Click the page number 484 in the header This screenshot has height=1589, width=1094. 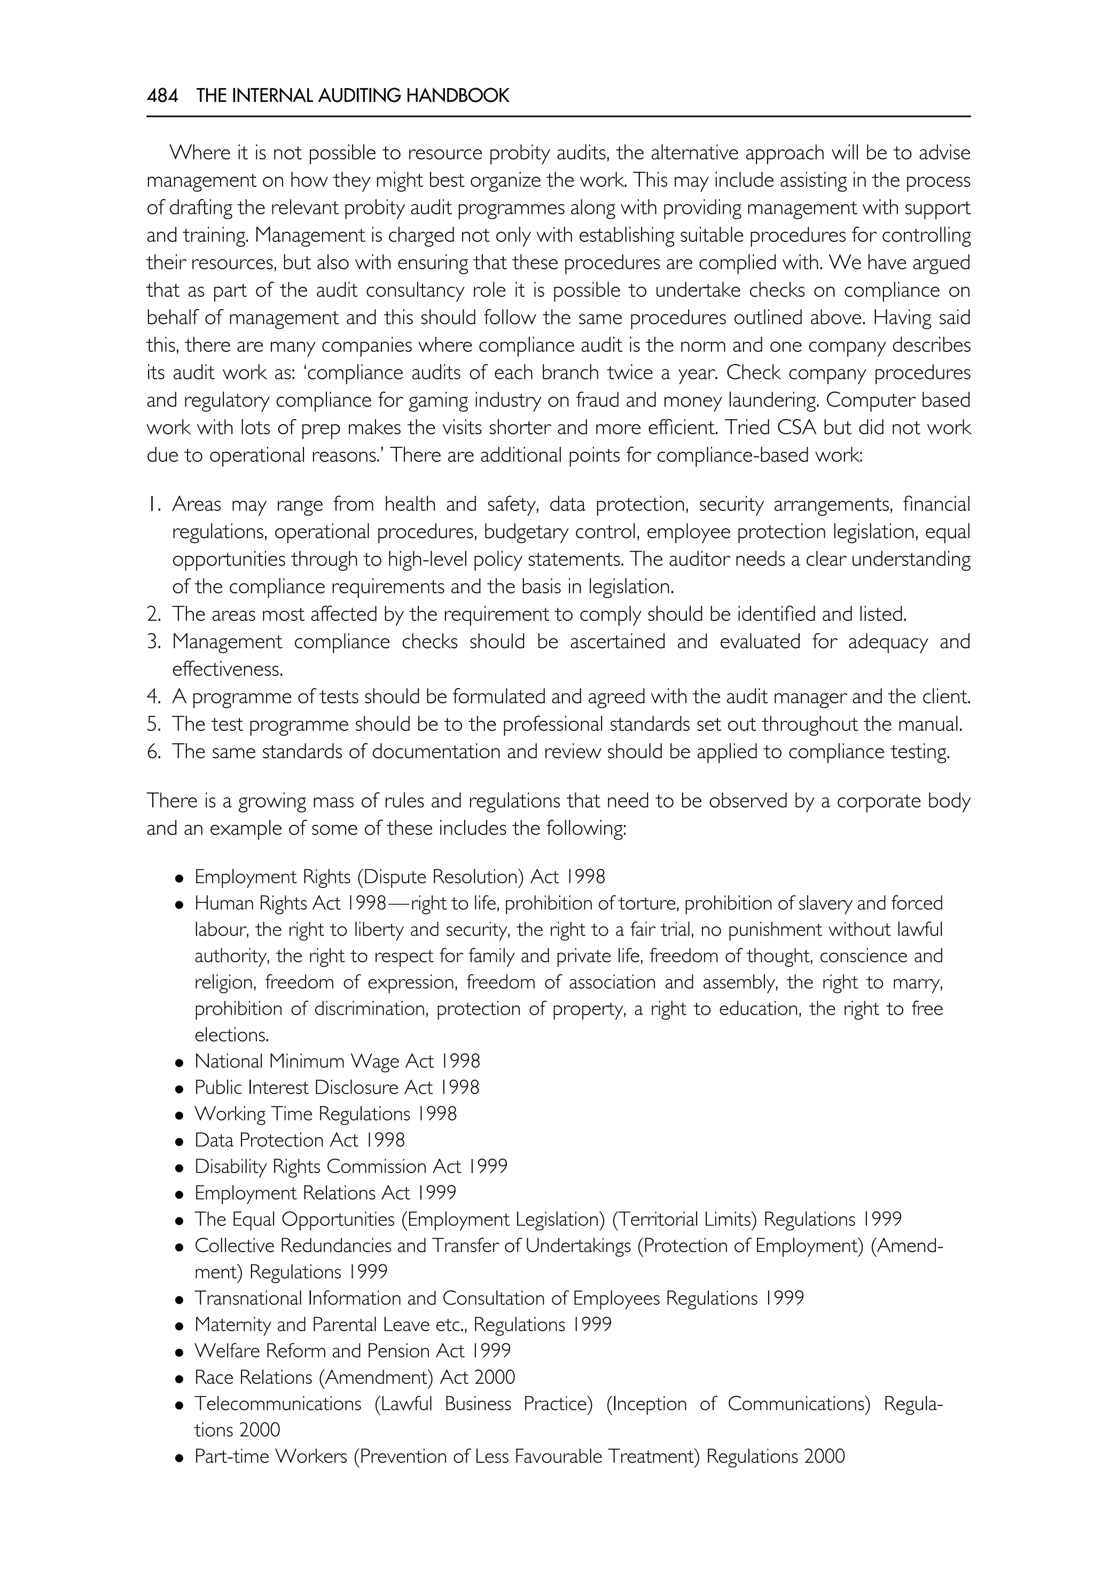[x=162, y=96]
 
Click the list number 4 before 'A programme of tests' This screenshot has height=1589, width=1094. [x=153, y=697]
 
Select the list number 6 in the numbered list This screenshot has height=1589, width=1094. [x=153, y=752]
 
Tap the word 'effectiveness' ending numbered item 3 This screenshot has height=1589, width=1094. [x=227, y=669]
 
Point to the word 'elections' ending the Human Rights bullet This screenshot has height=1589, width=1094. [x=231, y=1035]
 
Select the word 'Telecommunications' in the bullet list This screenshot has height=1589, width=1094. [x=278, y=1404]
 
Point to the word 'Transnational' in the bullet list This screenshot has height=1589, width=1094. [x=248, y=1299]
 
